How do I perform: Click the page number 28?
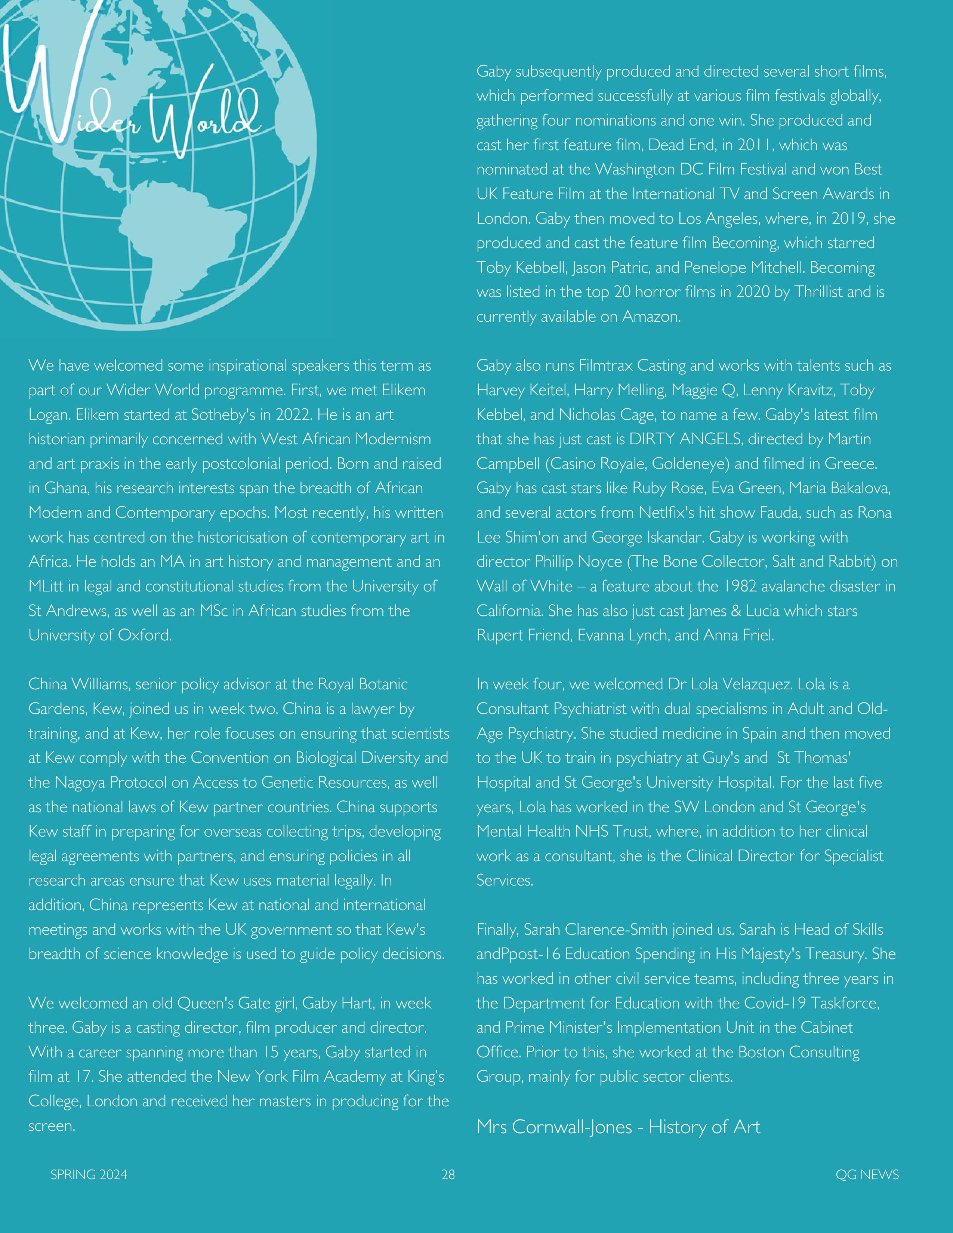pyautogui.click(x=448, y=1175)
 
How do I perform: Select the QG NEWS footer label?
pyautogui.click(x=867, y=1175)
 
